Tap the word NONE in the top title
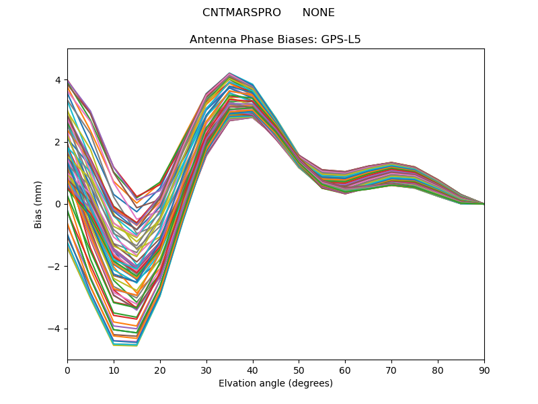tap(318, 13)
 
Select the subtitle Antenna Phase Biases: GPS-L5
tap(275, 39)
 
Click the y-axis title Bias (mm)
tap(38, 204)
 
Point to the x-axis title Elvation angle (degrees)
tap(275, 383)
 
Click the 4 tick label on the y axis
tap(57, 80)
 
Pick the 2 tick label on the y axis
tap(57, 142)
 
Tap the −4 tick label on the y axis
tap(54, 329)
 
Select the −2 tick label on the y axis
tap(54, 267)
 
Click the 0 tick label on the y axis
tap(57, 204)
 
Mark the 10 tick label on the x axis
tap(114, 370)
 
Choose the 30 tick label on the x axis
tap(206, 370)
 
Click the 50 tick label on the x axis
tap(299, 370)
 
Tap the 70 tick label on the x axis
tap(391, 370)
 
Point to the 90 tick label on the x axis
tap(484, 370)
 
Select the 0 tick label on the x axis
tap(67, 370)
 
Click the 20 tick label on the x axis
tap(160, 370)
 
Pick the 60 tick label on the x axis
tap(345, 370)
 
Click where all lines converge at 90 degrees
tap(484, 203)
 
